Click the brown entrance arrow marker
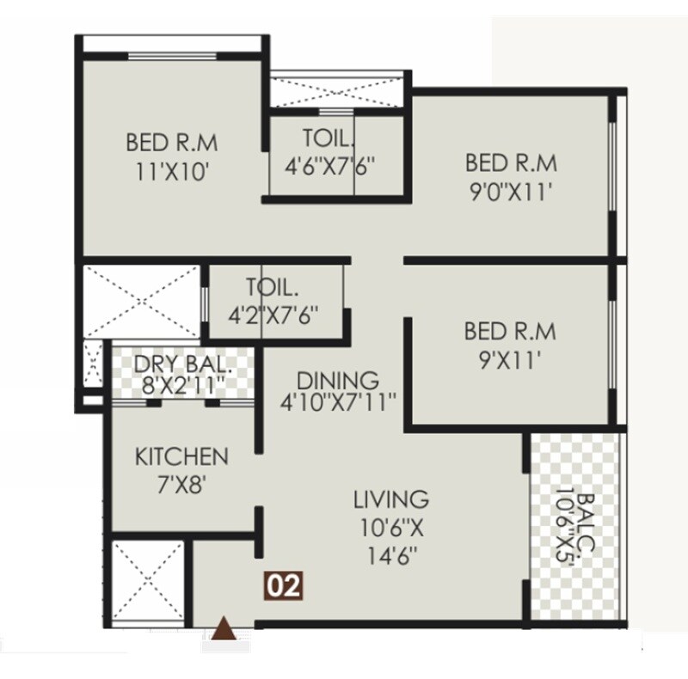pyautogui.click(x=225, y=629)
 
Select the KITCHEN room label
pyautogui.click(x=181, y=456)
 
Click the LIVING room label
pyautogui.click(x=391, y=499)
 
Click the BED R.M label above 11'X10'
pyautogui.click(x=172, y=140)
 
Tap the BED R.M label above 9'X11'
pyautogui.click(x=509, y=331)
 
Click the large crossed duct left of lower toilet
pyautogui.click(x=140, y=301)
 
